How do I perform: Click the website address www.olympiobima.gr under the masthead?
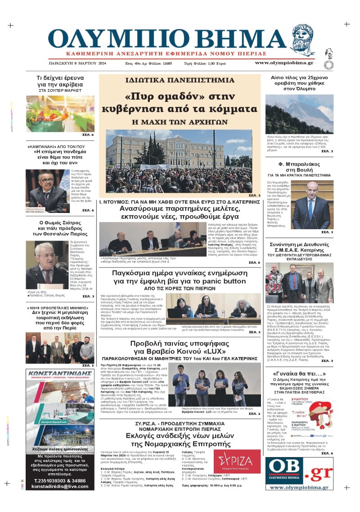click(x=284, y=63)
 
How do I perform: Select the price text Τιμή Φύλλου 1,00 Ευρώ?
click(x=205, y=63)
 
